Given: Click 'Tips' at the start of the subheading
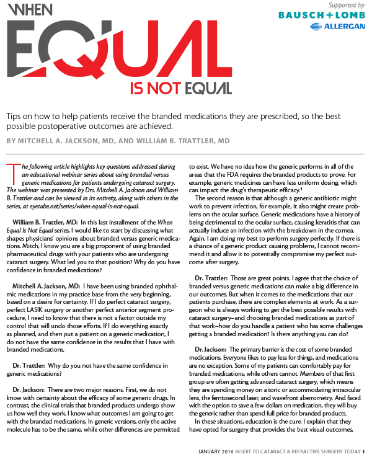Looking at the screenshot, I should tap(14, 116).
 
